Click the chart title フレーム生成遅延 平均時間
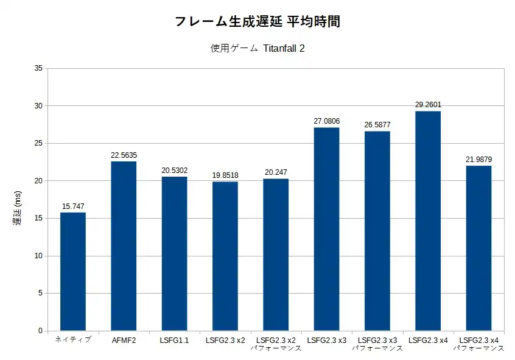pyautogui.click(x=257, y=21)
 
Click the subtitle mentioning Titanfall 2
pyautogui.click(x=257, y=49)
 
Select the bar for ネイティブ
pyautogui.click(x=73, y=272)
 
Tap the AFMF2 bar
pyautogui.click(x=124, y=246)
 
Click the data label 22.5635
pyautogui.click(x=124, y=155)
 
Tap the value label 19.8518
pyautogui.click(x=225, y=175)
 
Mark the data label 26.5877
pyautogui.click(x=377, y=125)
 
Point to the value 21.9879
pyautogui.click(x=479, y=160)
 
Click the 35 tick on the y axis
pyautogui.click(x=38, y=68)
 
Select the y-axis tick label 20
pyautogui.click(x=38, y=181)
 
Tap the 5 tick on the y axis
pyautogui.click(x=40, y=294)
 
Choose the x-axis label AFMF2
pyautogui.click(x=124, y=340)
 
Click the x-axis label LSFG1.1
pyautogui.click(x=174, y=340)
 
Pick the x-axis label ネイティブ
pyautogui.click(x=73, y=340)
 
